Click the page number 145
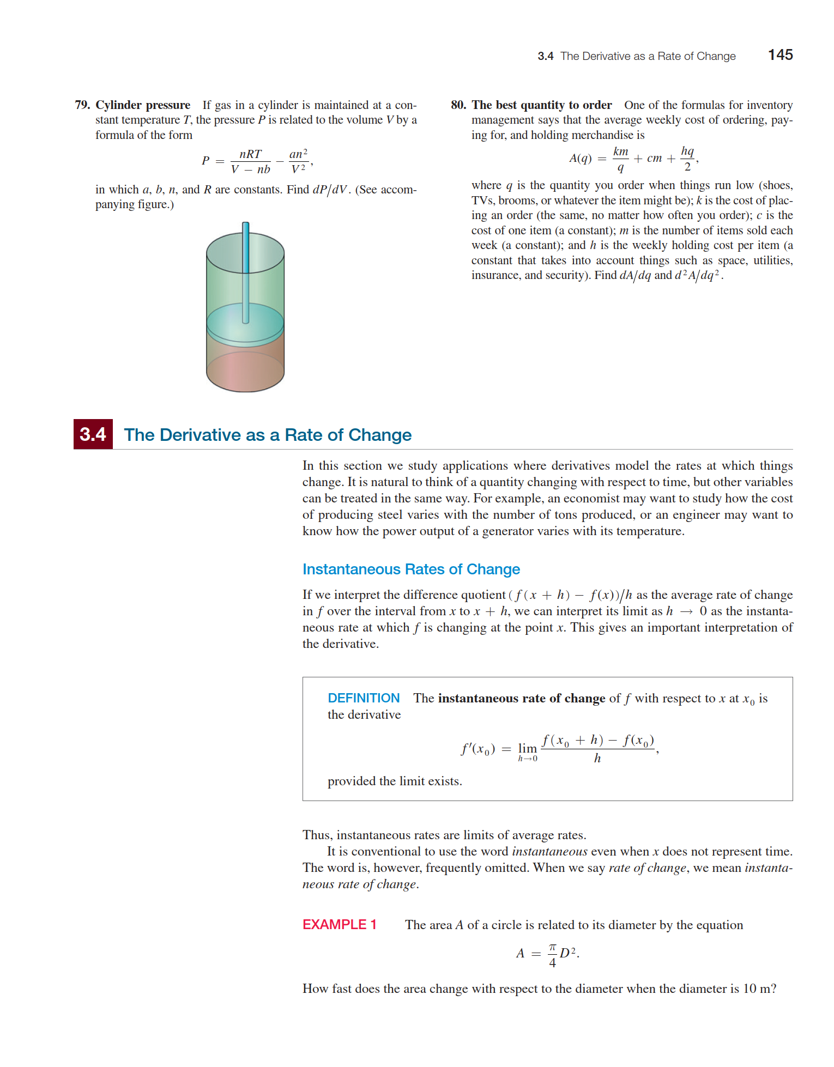coord(780,55)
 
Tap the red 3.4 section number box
coord(93,434)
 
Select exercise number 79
coord(82,105)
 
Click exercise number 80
coord(458,105)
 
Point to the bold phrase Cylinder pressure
coord(143,105)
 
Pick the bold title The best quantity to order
coord(542,105)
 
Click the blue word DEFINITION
coord(364,698)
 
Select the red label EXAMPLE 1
coord(340,925)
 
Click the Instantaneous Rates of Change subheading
coord(411,569)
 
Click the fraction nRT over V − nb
coord(251,161)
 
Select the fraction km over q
coord(621,159)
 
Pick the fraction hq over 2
coord(687,159)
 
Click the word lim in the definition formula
coord(527,749)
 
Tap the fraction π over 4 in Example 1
coord(552,955)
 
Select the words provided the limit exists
coord(395,781)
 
